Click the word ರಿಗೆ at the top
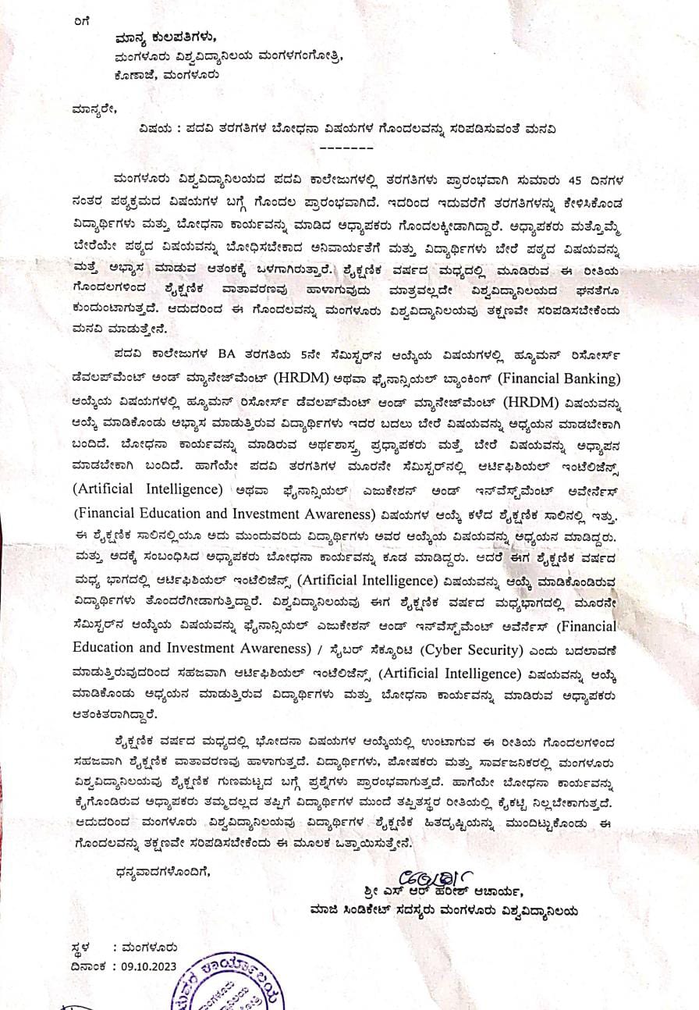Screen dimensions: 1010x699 pos(82,22)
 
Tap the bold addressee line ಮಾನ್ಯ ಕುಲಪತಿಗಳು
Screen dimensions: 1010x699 pos(165,37)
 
